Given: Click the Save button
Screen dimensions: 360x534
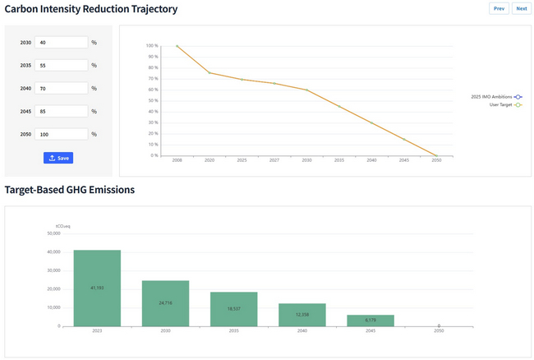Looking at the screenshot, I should point(58,158).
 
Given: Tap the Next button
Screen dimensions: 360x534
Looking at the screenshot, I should point(521,8).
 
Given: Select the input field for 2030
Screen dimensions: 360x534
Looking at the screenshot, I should point(62,42).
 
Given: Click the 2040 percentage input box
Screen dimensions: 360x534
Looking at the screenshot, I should point(62,88).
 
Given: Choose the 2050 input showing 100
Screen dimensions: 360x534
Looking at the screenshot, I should point(62,134).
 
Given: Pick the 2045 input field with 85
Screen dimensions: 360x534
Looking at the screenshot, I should point(62,111).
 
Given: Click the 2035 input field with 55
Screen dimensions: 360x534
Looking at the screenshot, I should point(62,65).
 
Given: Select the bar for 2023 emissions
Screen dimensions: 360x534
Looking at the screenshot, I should point(97,288).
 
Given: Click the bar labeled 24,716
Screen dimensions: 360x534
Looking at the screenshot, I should point(165,303).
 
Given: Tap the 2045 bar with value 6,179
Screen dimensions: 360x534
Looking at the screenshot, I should point(371,321).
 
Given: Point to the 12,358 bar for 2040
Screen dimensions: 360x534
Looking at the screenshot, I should point(302,315).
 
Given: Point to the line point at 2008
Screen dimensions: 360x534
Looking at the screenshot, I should point(177,46).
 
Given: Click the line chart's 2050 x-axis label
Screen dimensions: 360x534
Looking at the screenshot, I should point(435,160).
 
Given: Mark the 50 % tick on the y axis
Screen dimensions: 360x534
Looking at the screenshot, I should point(152,100).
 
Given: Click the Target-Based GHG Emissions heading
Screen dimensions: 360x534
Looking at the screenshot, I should point(70,190).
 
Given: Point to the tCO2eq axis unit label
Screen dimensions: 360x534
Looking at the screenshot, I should point(62,225).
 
